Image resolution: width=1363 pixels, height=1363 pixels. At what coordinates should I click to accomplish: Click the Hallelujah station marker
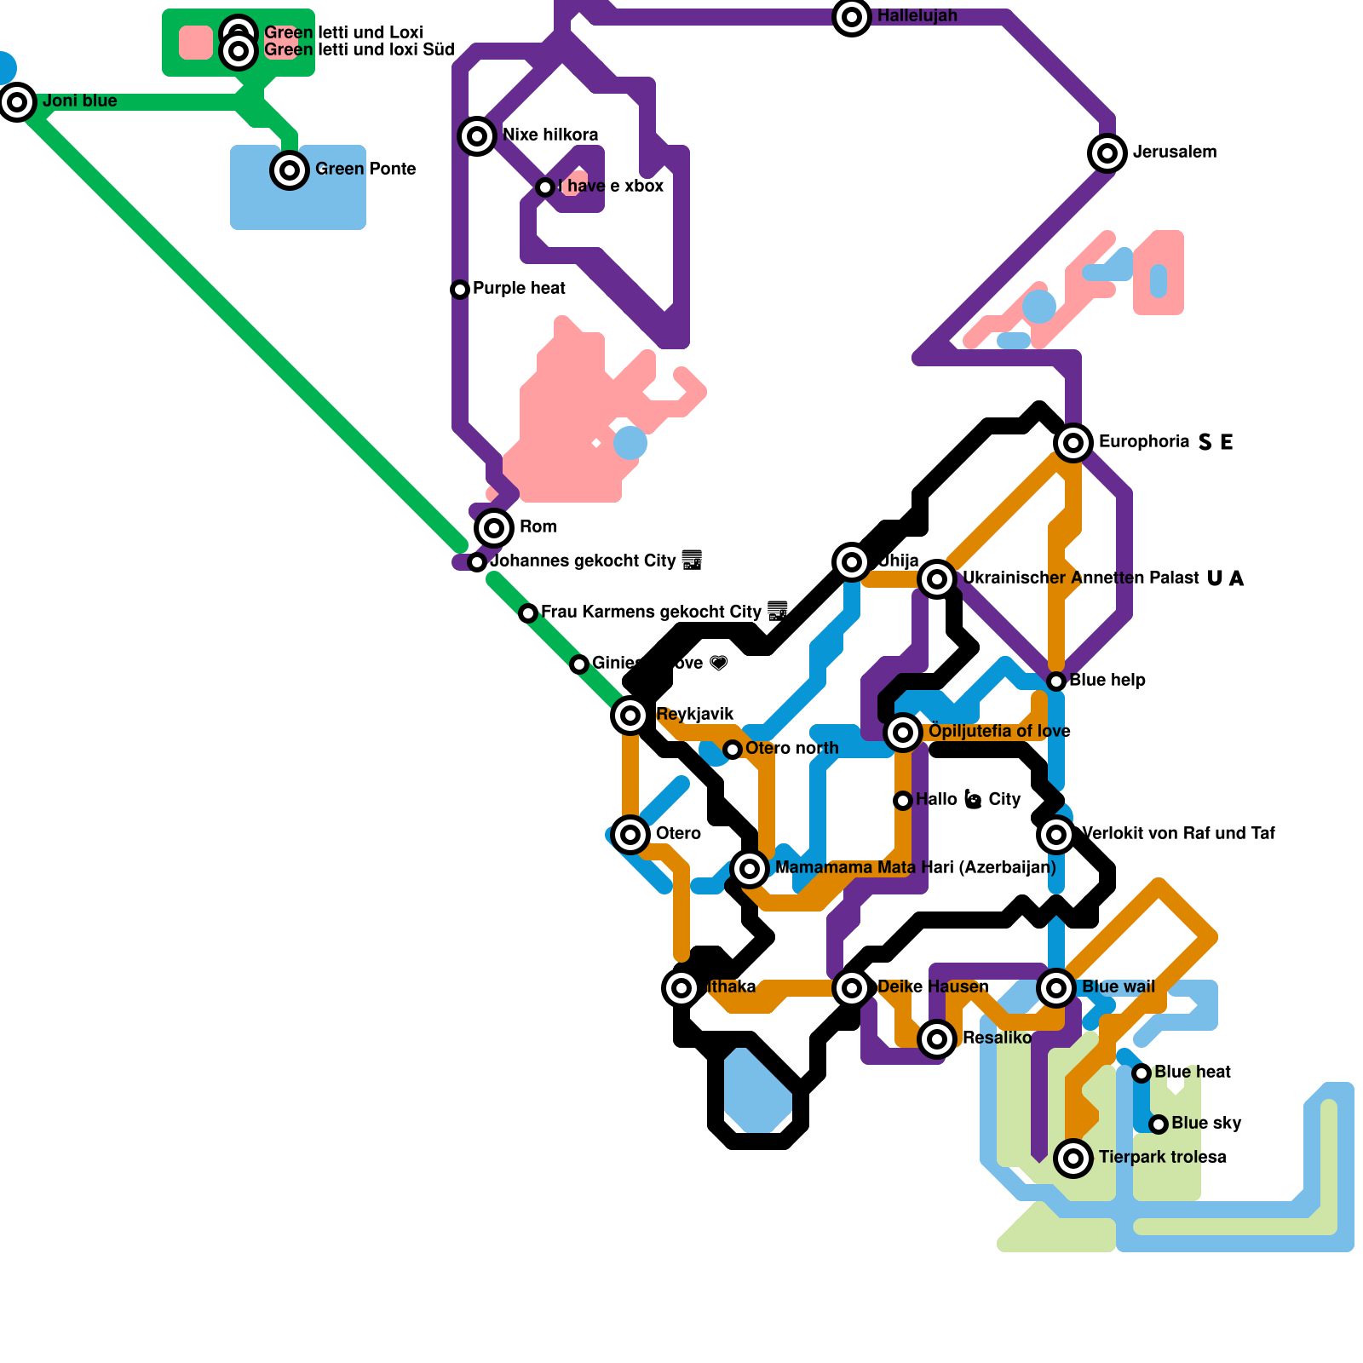click(x=852, y=17)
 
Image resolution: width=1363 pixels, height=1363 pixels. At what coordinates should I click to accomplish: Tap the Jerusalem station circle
click(x=1107, y=153)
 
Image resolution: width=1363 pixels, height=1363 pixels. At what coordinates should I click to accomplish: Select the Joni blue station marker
click(x=17, y=102)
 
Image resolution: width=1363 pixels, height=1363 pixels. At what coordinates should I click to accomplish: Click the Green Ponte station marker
click(x=290, y=170)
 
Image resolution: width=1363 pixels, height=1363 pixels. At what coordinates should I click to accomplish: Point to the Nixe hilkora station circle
click(x=477, y=135)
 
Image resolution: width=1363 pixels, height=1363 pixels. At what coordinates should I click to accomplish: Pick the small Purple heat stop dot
click(x=460, y=290)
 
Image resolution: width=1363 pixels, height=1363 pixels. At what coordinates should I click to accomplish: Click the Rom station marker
click(x=494, y=528)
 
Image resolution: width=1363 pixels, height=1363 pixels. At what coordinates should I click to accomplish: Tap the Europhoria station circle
click(x=1073, y=443)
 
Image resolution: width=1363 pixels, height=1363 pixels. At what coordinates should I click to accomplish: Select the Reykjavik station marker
click(x=630, y=716)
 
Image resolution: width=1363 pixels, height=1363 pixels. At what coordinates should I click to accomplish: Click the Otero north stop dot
click(x=733, y=750)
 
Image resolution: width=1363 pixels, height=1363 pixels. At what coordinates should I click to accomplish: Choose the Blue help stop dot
click(x=1056, y=681)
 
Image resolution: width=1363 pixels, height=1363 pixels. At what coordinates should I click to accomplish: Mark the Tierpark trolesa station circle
click(x=1073, y=1159)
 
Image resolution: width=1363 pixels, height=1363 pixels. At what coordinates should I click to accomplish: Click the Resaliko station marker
click(x=937, y=1039)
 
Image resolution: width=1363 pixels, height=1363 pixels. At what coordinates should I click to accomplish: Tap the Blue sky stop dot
click(x=1159, y=1124)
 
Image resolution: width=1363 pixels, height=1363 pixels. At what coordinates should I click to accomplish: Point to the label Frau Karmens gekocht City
click(x=651, y=612)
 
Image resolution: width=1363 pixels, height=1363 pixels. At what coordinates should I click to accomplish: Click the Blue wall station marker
click(x=1056, y=988)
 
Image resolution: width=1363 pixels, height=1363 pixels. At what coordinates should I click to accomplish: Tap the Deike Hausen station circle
click(x=852, y=988)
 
